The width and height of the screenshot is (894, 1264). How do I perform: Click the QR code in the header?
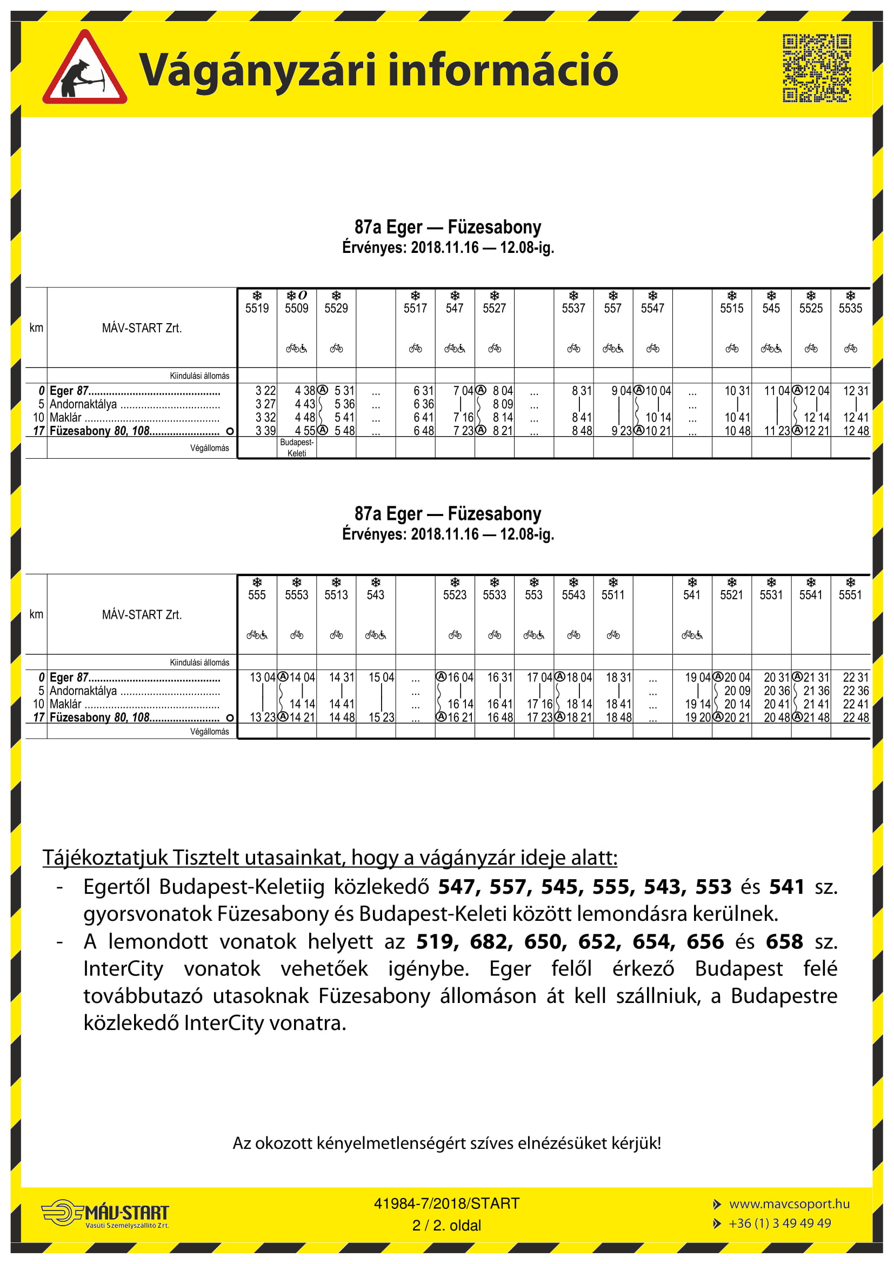(816, 68)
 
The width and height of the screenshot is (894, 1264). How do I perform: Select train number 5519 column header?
(257, 308)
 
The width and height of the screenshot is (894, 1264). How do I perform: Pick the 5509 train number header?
(296, 308)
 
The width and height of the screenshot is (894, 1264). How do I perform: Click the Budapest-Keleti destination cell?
(297, 447)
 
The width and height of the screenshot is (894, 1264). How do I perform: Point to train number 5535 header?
(850, 308)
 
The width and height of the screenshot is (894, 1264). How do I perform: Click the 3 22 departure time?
(265, 391)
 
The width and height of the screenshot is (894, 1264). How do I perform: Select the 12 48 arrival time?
(856, 431)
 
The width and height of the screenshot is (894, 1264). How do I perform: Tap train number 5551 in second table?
(850, 595)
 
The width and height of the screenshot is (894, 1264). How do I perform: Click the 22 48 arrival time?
(856, 718)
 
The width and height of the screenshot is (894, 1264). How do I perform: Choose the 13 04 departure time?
(262, 678)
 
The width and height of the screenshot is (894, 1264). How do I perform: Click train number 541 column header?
(691, 595)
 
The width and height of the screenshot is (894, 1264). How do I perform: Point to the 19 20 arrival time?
(697, 718)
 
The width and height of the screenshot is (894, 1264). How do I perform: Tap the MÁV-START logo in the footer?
(105, 1214)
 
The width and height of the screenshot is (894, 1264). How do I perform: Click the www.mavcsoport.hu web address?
(789, 1204)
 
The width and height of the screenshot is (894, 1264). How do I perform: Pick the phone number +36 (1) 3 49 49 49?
(779, 1223)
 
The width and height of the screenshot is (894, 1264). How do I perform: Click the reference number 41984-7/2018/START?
(446, 1203)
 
